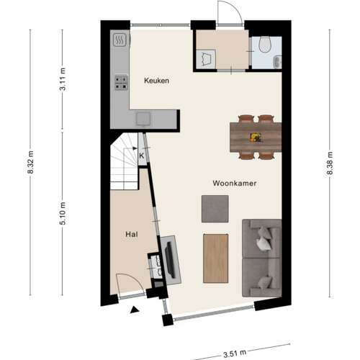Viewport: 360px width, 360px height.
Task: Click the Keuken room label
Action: click(x=156, y=81)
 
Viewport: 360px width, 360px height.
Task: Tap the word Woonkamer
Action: click(x=235, y=184)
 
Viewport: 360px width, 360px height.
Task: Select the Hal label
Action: click(x=131, y=234)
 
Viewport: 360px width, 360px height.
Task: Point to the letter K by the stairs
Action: click(x=142, y=155)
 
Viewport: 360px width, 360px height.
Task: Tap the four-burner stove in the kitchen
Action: click(x=120, y=84)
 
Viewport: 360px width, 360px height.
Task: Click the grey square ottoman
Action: click(x=215, y=208)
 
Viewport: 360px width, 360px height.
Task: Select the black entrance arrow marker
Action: click(x=134, y=310)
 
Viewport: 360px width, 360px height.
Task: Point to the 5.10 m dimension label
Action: click(x=63, y=213)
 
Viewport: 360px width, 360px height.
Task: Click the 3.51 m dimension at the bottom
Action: click(x=233, y=353)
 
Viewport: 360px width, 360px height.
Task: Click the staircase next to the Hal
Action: click(x=125, y=162)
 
